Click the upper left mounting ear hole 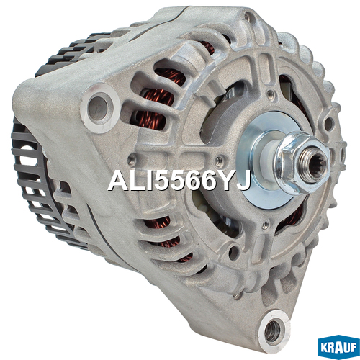99,108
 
